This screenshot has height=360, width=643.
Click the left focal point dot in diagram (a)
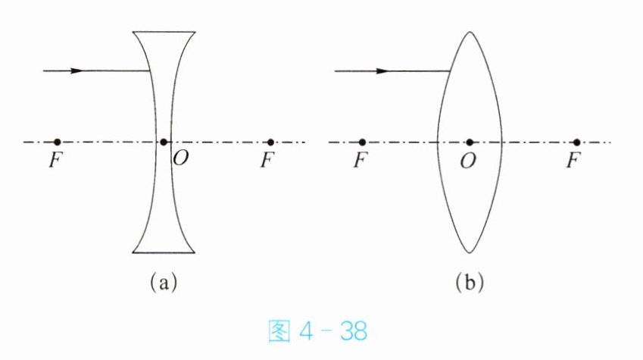pyautogui.click(x=57, y=142)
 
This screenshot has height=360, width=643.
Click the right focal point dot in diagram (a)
pyautogui.click(x=270, y=142)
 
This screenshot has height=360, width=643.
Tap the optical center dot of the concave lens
pyautogui.click(x=164, y=142)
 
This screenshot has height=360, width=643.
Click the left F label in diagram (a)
pyautogui.click(x=54, y=161)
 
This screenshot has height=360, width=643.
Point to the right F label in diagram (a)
pyautogui.click(x=265, y=161)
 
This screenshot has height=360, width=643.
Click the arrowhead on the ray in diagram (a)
pyautogui.click(x=76, y=70)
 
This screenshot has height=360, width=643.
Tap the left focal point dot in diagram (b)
pyautogui.click(x=362, y=142)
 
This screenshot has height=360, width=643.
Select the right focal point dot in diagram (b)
pyautogui.click(x=576, y=142)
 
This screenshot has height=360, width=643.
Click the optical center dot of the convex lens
pyautogui.click(x=470, y=142)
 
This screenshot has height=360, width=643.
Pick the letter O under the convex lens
pyautogui.click(x=469, y=161)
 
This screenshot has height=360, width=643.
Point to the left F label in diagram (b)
pyautogui.click(x=361, y=161)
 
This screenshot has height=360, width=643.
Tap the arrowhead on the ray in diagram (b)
pyautogui.click(x=382, y=70)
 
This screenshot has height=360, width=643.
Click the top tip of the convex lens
pyautogui.click(x=470, y=31)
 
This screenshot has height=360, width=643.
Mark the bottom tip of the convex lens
pyautogui.click(x=470, y=252)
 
